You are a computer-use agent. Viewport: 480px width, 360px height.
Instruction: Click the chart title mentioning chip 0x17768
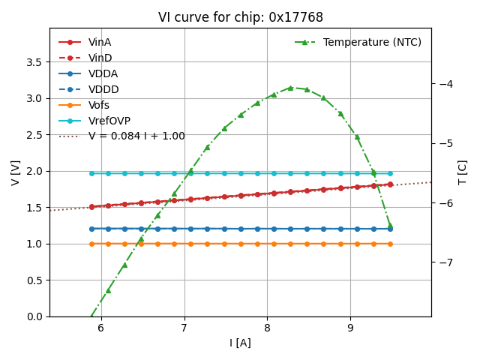[x=240, y=17]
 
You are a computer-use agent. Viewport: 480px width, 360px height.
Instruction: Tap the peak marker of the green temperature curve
[x=290, y=88]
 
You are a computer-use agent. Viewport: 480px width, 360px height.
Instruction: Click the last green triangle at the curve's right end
[x=390, y=225]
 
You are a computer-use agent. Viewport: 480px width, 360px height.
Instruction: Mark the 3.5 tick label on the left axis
[x=34, y=62]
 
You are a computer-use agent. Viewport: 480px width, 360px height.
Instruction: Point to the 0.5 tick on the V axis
[x=34, y=280]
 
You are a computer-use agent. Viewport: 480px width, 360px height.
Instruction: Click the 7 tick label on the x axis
[x=184, y=328]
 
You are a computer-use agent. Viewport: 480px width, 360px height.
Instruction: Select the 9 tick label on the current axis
[x=350, y=328]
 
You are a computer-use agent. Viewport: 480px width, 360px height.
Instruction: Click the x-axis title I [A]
[x=240, y=343]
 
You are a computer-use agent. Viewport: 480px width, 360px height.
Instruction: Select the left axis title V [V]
[x=15, y=172]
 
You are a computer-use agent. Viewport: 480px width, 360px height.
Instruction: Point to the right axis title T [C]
[x=463, y=172]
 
